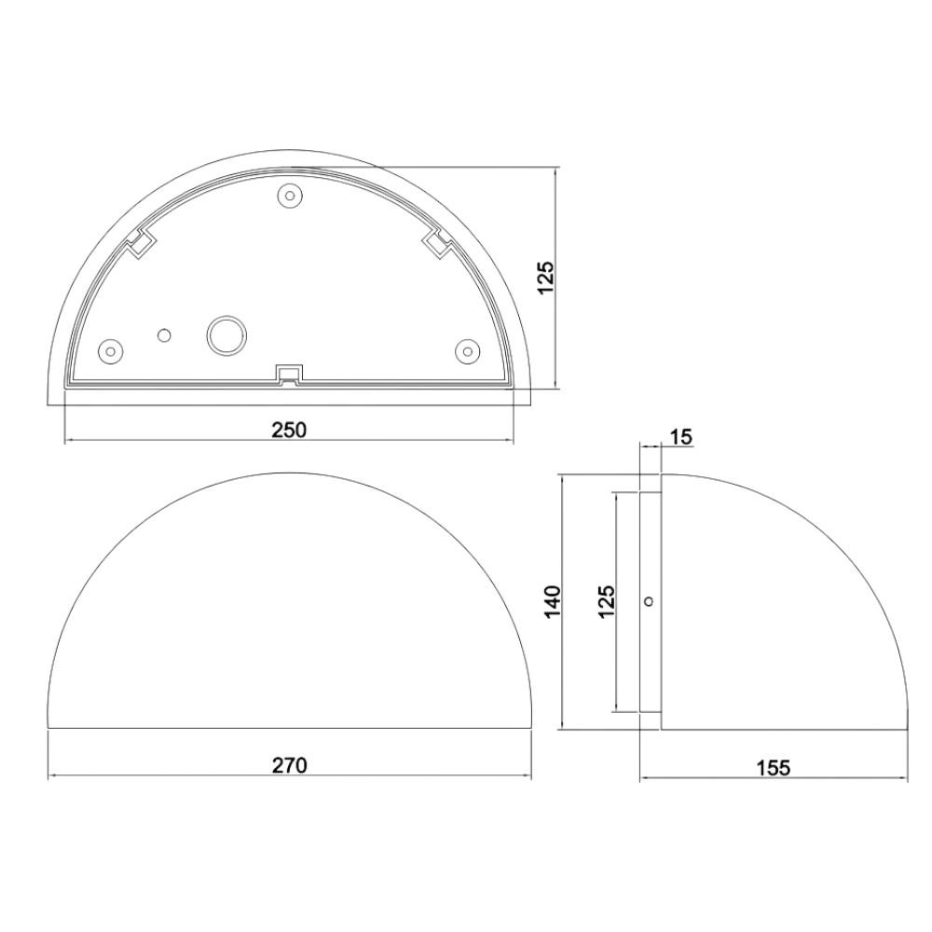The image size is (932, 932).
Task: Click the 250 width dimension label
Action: pos(289,430)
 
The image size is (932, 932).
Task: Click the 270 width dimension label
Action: pos(290,765)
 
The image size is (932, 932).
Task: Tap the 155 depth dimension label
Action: pos(774,768)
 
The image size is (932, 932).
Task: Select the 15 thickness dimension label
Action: pos(681,437)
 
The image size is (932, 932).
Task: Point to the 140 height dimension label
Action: pos(552,601)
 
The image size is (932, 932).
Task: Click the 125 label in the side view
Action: pos(607,601)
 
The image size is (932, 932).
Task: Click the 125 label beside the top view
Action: pos(545,277)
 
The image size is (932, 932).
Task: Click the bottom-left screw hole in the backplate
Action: pos(111,350)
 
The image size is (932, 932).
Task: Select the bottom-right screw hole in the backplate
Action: pos(467,350)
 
